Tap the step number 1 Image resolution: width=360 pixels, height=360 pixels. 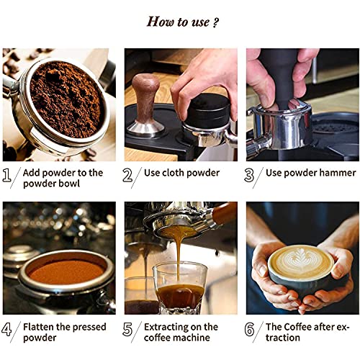coord(9,176)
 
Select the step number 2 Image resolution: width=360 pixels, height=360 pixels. coord(130,176)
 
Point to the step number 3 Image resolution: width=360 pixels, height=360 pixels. coord(252,176)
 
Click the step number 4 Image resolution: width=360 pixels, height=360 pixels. coord(9,331)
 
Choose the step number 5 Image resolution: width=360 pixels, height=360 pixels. coord(130,331)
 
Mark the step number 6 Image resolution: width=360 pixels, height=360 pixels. coord(252,331)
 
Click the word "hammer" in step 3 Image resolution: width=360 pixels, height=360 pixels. coord(336,173)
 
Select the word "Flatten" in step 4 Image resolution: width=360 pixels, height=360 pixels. coord(42,327)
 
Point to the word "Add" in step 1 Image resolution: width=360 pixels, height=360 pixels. coord(32,173)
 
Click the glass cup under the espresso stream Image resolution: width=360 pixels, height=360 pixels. coord(180,288)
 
